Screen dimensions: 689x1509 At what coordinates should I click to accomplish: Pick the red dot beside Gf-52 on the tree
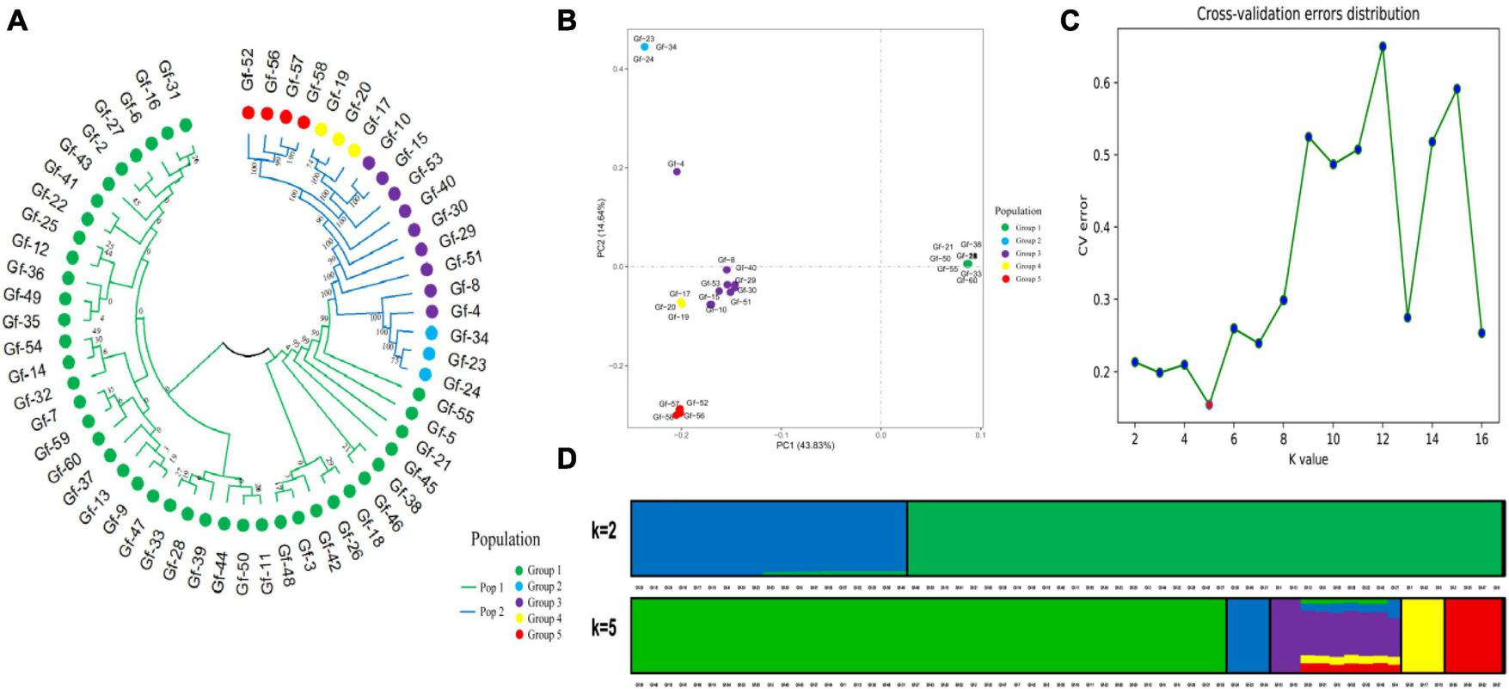click(248, 113)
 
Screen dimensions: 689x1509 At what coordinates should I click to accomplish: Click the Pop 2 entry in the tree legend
click(491, 612)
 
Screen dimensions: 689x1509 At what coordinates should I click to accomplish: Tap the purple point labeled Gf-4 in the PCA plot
click(677, 171)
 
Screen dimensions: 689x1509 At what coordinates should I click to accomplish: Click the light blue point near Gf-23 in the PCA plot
click(645, 46)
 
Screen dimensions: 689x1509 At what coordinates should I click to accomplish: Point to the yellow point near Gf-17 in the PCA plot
click(681, 303)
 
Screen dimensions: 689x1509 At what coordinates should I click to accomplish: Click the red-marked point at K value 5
click(1209, 404)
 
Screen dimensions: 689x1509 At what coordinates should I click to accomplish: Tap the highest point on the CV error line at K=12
click(1383, 46)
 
